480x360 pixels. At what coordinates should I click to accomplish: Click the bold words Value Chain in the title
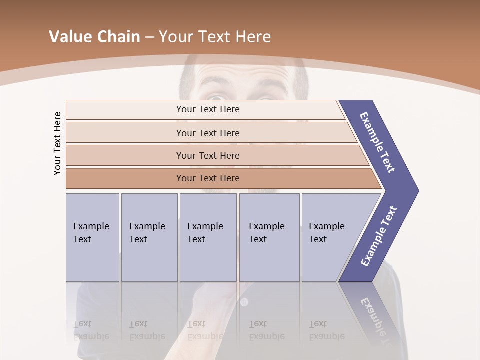[94, 37]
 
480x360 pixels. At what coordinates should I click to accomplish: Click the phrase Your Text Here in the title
[215, 37]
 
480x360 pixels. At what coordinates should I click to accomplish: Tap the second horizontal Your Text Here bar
[208, 133]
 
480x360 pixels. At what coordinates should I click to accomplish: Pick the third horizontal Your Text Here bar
[208, 155]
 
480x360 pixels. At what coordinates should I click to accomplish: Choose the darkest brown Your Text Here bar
[208, 178]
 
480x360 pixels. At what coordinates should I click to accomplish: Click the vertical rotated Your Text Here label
[57, 143]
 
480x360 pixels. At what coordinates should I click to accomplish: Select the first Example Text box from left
[92, 237]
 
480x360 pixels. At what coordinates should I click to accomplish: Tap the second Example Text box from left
[149, 237]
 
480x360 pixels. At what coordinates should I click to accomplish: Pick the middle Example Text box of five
[208, 237]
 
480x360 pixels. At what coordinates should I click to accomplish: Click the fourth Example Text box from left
[269, 237]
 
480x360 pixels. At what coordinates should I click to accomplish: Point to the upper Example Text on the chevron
[377, 143]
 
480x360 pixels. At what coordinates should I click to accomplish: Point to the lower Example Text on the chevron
[379, 236]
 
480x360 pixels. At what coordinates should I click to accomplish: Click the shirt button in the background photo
[244, 302]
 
